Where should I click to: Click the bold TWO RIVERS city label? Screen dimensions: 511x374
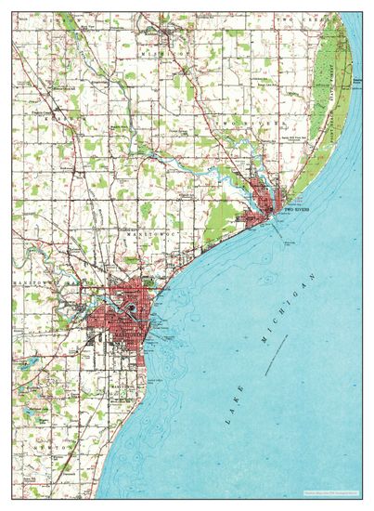click(295, 211)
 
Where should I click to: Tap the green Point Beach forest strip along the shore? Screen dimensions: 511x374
click(330, 111)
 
